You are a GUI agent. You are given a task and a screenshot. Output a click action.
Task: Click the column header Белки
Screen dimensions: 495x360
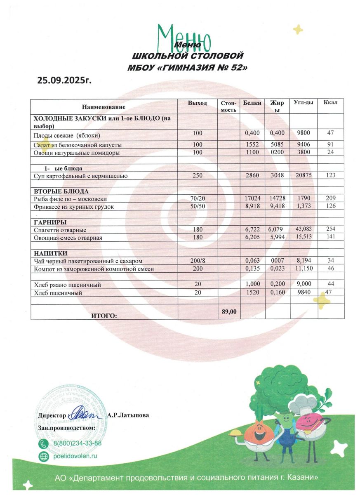pyautogui.click(x=252, y=103)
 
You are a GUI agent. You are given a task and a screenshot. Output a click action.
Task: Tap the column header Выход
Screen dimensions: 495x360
pyautogui.click(x=197, y=103)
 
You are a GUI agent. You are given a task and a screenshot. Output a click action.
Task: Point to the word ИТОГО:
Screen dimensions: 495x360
pyautogui.click(x=104, y=316)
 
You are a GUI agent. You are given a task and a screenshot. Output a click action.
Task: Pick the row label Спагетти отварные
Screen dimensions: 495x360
pyautogui.click(x=60, y=230)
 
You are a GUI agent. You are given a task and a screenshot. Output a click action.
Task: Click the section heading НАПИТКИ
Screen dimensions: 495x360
pyautogui.click(x=50, y=253)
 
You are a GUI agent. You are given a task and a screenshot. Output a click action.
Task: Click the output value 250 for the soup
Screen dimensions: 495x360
pyautogui.click(x=197, y=176)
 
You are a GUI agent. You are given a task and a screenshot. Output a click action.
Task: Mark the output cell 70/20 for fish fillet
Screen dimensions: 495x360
pyautogui.click(x=197, y=199)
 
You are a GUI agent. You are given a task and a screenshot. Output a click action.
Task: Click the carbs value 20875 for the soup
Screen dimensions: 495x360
pyautogui.click(x=303, y=175)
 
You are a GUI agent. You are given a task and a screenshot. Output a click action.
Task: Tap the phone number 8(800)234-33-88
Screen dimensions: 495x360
pyautogui.click(x=78, y=443)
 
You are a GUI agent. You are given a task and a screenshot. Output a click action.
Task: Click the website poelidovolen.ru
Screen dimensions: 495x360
pyautogui.click(x=75, y=456)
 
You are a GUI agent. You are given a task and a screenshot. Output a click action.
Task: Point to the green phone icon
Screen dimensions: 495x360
pyautogui.click(x=43, y=443)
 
